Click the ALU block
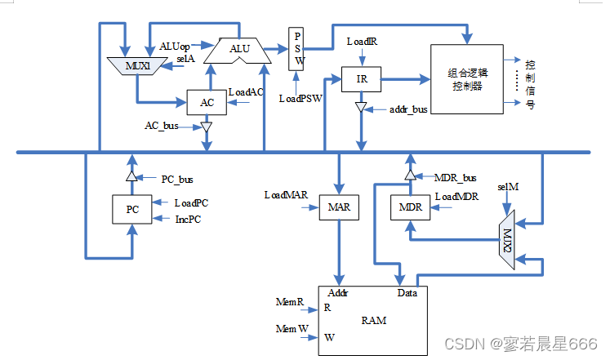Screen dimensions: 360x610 click(x=239, y=51)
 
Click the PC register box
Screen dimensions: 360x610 click(x=131, y=209)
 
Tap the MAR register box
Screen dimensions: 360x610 click(x=338, y=208)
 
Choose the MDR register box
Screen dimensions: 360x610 click(x=409, y=208)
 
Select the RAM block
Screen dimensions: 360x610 click(x=372, y=319)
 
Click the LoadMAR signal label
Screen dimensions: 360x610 click(x=285, y=195)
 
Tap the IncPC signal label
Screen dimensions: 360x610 click(x=188, y=219)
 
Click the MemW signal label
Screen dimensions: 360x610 click(x=291, y=328)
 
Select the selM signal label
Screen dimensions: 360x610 click(x=507, y=188)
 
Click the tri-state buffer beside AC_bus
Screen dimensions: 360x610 click(x=207, y=127)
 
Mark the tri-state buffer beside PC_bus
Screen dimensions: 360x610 click(x=131, y=177)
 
